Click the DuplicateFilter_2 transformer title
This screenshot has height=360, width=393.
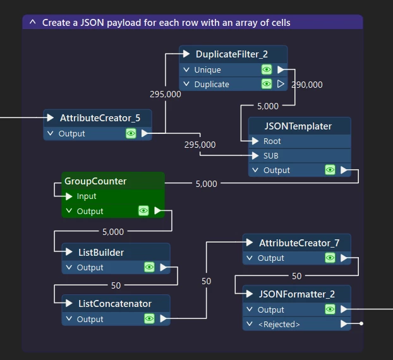click(x=231, y=54)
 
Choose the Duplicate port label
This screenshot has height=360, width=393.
click(x=212, y=84)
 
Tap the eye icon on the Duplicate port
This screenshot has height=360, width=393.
click(x=267, y=84)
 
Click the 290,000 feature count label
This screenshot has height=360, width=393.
click(x=307, y=85)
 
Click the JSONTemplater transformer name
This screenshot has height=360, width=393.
click(x=298, y=126)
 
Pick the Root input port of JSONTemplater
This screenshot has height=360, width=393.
click(x=272, y=141)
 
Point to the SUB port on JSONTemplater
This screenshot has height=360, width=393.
click(x=271, y=155)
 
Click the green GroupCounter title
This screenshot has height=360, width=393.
click(x=95, y=181)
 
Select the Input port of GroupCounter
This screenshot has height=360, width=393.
click(x=87, y=196)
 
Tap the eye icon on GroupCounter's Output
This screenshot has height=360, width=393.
click(x=143, y=211)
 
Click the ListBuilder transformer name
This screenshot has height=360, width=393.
click(x=101, y=253)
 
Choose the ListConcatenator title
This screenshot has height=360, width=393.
click(x=115, y=304)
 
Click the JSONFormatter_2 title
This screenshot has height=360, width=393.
click(x=296, y=294)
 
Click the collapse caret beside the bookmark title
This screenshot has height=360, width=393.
click(x=33, y=22)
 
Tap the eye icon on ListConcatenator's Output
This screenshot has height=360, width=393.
click(x=149, y=319)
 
